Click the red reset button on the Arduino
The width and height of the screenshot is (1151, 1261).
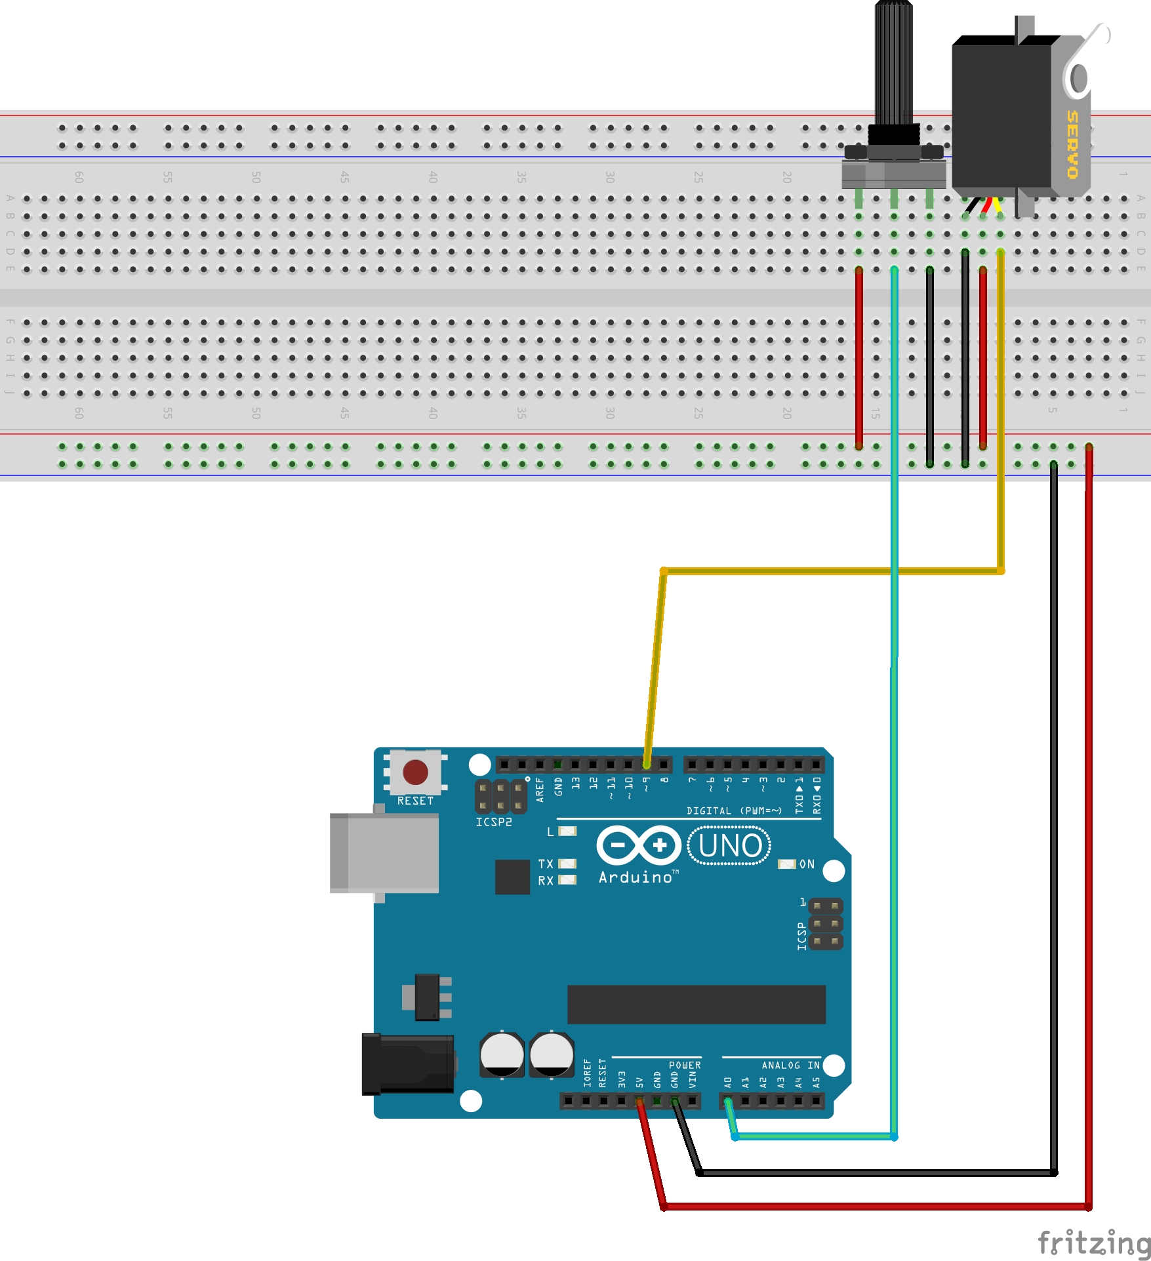coord(415,772)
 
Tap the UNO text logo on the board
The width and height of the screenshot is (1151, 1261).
coord(729,846)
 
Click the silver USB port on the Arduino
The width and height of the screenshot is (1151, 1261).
coord(384,853)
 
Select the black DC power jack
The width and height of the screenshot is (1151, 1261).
coord(408,1064)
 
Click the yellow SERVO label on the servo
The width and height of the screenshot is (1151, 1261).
coord(1072,144)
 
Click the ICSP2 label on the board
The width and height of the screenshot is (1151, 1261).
coord(493,822)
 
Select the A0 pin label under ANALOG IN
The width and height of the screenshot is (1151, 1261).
coord(727,1082)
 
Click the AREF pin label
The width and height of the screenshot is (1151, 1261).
coord(540,790)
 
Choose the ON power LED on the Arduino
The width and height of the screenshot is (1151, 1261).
coord(786,864)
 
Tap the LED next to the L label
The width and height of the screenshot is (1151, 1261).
coord(567,831)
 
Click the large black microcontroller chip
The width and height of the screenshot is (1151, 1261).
coord(696,1004)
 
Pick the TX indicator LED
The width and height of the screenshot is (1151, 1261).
coord(567,864)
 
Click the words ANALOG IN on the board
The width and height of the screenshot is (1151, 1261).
coord(790,1066)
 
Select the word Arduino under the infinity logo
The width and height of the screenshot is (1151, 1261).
coord(636,877)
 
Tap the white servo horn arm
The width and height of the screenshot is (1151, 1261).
coord(1085,56)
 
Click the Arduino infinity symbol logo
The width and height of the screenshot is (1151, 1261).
coord(639,845)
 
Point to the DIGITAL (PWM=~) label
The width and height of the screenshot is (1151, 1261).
coord(734,811)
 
